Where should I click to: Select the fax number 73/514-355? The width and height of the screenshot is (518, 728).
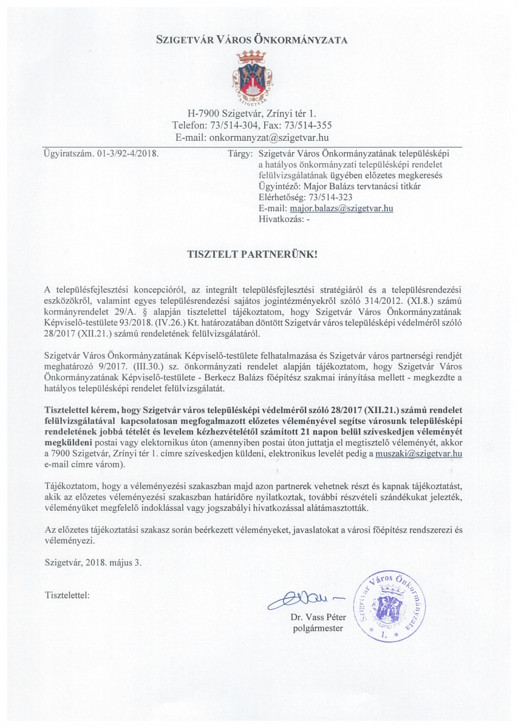[302, 126]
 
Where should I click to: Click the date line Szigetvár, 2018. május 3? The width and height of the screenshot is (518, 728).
[93, 562]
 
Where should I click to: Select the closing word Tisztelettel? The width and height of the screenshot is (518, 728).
[67, 595]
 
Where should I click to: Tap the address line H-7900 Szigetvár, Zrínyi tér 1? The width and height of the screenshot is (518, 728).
[251, 113]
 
